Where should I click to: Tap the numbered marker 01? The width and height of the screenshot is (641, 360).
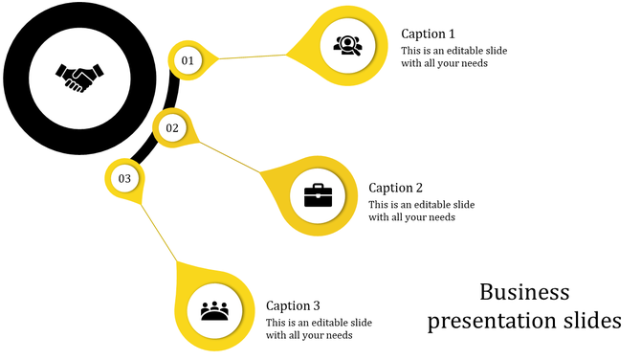[x=188, y=60]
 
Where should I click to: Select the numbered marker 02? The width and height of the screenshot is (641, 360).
[x=172, y=127]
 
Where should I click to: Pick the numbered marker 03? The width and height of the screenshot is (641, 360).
[x=124, y=178]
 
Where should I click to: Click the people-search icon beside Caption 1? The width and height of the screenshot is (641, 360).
[x=346, y=44]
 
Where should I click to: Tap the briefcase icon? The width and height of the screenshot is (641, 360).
[x=318, y=195]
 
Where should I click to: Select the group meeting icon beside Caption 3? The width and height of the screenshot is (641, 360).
[x=215, y=311]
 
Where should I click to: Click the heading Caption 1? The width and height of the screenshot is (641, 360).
[x=428, y=34]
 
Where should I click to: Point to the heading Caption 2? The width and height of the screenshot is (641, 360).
[x=395, y=188]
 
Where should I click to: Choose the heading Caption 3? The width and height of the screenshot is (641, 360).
[x=293, y=306]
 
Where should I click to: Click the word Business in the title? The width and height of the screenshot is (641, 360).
[x=524, y=292]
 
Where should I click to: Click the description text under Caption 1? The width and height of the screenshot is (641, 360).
[x=444, y=57]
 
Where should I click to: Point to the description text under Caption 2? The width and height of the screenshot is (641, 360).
[x=421, y=211]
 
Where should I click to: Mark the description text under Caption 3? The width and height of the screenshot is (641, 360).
[x=319, y=328]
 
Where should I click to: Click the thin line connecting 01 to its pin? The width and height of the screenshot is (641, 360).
[x=254, y=56]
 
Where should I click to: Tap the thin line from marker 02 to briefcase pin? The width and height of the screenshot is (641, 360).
[x=230, y=157]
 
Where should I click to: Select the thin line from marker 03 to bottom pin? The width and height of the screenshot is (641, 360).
[x=159, y=231]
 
